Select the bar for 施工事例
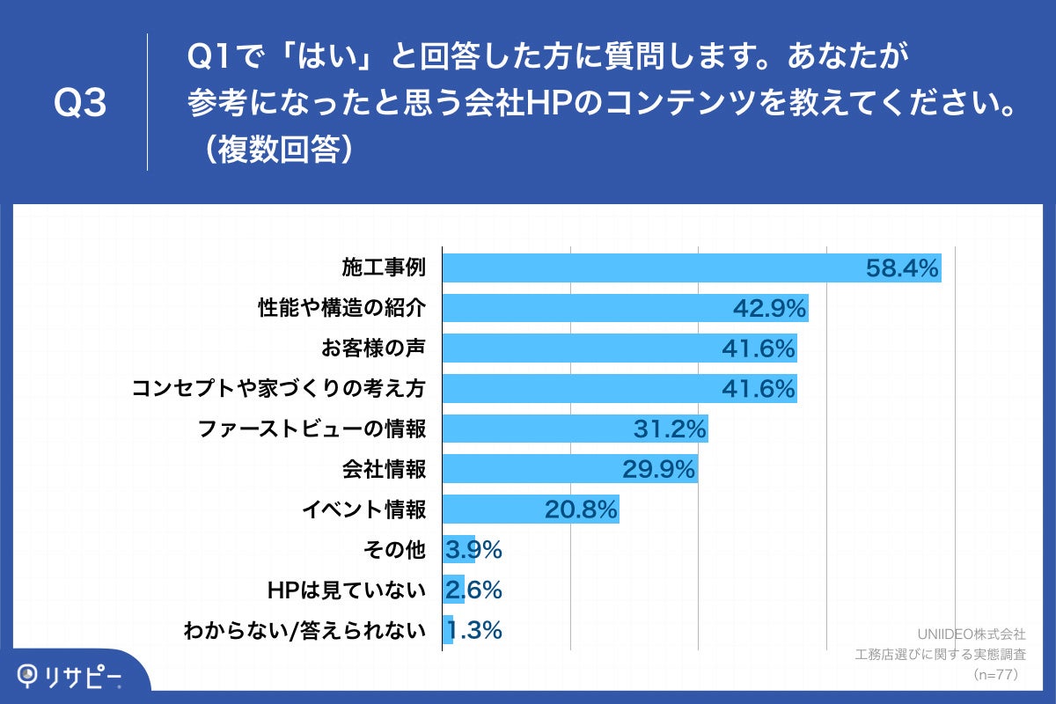tap(692, 268)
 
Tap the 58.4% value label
tap(903, 268)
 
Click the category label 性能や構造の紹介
tap(341, 308)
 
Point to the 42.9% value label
tap(770, 308)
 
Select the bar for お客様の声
tap(620, 348)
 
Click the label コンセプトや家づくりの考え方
tap(279, 388)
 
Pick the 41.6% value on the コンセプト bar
tap(759, 388)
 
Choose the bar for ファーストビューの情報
tap(575, 429)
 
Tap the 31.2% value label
tap(670, 429)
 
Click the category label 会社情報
tap(384, 469)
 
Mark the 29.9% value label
tap(659, 469)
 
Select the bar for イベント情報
tap(531, 510)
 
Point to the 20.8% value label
tap(582, 510)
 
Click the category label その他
tap(394, 550)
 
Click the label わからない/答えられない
tap(304, 631)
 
